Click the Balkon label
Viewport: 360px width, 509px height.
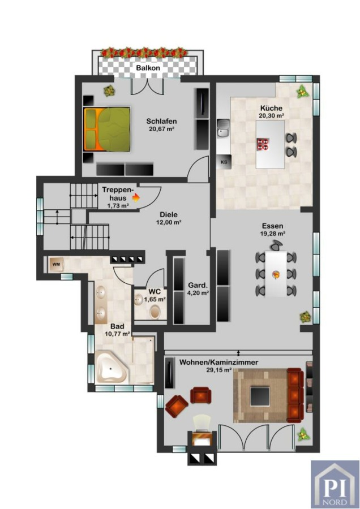148,68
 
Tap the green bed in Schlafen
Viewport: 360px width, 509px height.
107,129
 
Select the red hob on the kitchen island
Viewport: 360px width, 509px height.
263,144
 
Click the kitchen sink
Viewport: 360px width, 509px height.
223,128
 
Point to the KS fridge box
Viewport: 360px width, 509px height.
224,162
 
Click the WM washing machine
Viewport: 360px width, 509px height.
56,264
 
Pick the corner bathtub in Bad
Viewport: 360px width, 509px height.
111,367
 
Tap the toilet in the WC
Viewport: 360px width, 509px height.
155,312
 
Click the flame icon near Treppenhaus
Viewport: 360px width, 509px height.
136,197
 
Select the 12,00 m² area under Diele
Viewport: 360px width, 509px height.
169,222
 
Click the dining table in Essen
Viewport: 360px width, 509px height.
276,274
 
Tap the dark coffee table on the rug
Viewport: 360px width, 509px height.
260,396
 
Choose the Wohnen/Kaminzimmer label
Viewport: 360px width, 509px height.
218,362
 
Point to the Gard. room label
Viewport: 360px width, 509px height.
198,286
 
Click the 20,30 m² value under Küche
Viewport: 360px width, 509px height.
272,115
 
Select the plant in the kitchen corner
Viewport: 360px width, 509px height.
302,92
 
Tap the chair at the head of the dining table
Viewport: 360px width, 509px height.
276,245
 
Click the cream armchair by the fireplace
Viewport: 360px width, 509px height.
202,421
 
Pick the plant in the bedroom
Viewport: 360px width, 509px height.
109,90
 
